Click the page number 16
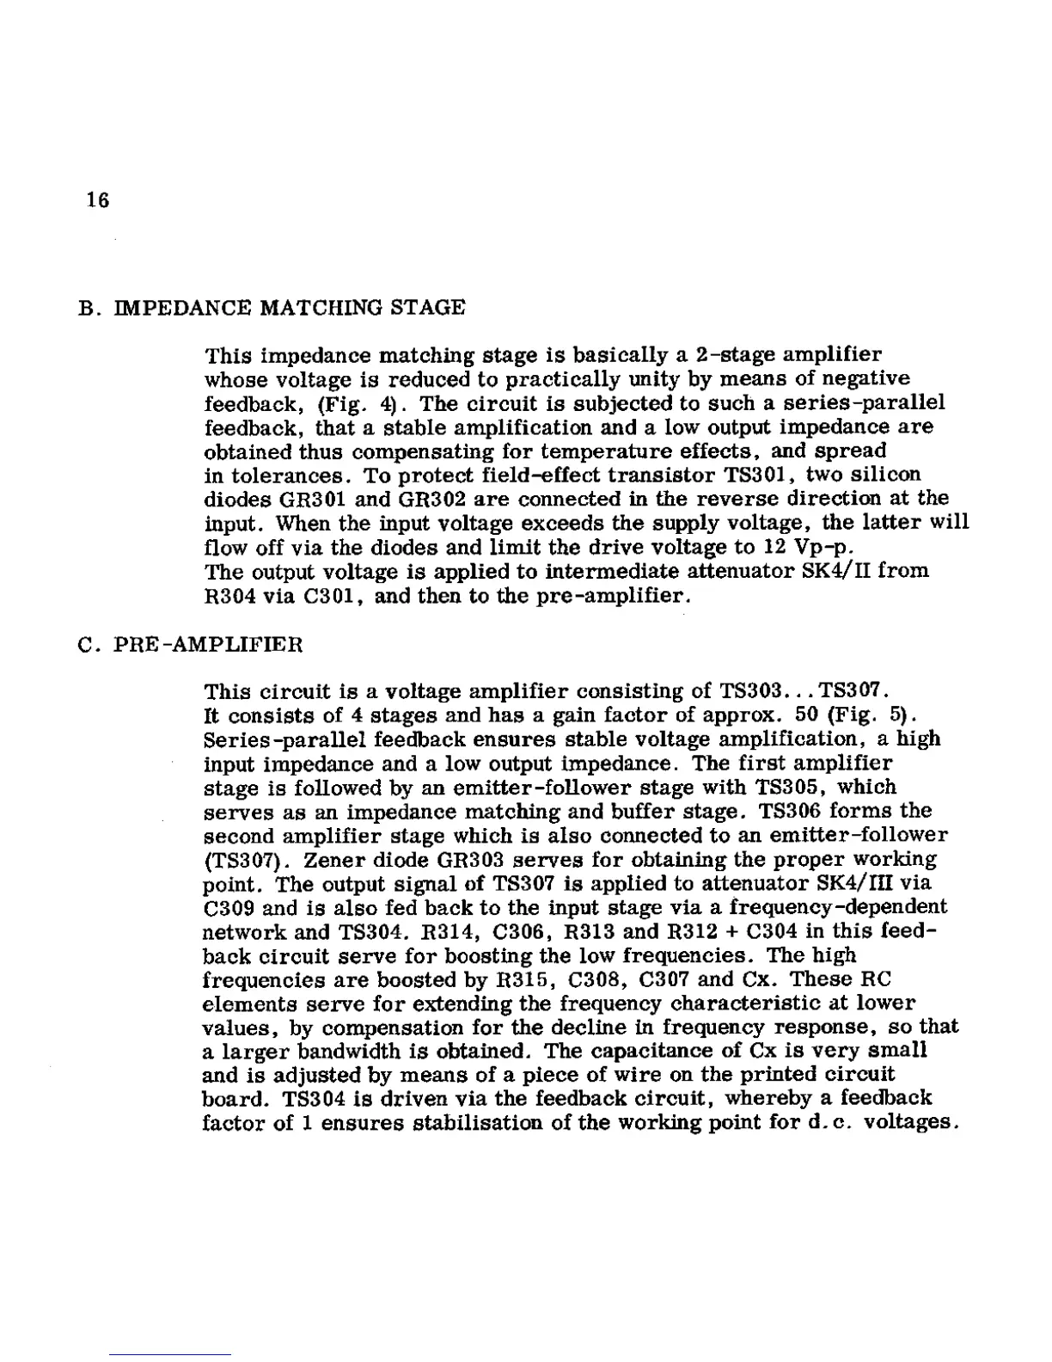coord(98,200)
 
